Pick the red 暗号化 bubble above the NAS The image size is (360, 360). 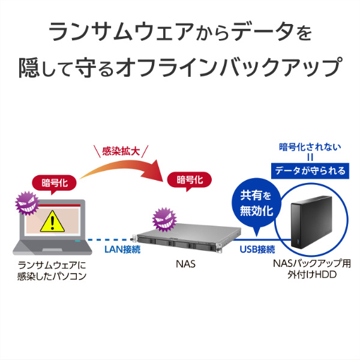(190, 179)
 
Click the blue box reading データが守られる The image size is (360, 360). (310, 171)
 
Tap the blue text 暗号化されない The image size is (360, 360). (310, 146)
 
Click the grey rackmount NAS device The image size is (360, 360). (180, 240)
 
